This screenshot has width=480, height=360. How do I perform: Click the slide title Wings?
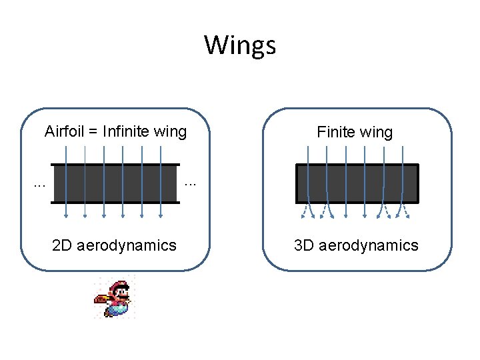[x=239, y=45]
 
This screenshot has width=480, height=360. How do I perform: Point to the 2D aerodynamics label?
[x=114, y=245]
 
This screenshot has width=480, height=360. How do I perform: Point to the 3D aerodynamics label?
[x=357, y=245]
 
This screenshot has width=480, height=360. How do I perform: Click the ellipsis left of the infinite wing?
[x=39, y=183]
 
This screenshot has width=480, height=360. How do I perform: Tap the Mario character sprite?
[x=115, y=298]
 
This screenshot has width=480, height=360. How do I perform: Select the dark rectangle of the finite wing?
[x=357, y=183]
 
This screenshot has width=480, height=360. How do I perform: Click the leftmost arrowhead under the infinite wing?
[x=67, y=215]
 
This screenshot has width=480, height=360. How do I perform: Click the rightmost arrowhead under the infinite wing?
[x=162, y=215]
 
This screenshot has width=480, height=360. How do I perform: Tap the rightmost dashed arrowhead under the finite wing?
[x=408, y=215]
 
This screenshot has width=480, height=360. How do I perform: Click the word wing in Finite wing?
[x=377, y=133]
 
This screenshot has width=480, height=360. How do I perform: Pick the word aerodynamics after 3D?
[x=369, y=245]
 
